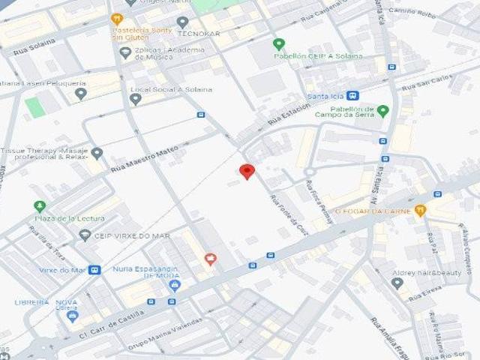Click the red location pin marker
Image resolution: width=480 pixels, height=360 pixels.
[247, 171]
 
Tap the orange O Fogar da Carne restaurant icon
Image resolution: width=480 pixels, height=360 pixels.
[420, 211]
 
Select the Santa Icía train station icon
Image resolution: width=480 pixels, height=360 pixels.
[352, 95]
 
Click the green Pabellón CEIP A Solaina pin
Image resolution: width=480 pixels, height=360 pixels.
[279, 44]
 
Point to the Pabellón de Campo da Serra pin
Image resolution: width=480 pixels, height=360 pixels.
[383, 111]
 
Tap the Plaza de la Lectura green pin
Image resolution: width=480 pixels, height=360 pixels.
[40, 206]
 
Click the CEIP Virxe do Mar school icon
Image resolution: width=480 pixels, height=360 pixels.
[85, 235]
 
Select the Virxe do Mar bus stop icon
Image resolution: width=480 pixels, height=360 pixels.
[94, 270]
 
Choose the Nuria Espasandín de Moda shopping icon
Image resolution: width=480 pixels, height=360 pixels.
[175, 285]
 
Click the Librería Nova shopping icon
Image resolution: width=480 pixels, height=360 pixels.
[72, 316]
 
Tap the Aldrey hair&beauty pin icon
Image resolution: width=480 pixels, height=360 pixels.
[397, 283]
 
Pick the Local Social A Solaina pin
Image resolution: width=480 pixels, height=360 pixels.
[136, 98]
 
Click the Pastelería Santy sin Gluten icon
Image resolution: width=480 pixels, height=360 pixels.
[116, 18]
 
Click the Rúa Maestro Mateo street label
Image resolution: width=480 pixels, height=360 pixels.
[142, 159]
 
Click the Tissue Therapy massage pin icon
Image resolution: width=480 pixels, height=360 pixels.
[97, 153]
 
